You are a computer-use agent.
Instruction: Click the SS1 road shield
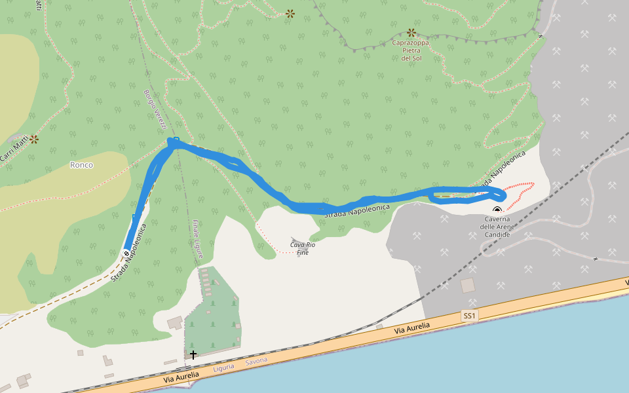pyautogui.click(x=469, y=316)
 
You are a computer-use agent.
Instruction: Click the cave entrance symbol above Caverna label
pyautogui.click(x=497, y=210)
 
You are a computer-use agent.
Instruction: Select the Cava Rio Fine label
pyautogui.click(x=303, y=248)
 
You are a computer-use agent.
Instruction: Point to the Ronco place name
pyautogui.click(x=81, y=165)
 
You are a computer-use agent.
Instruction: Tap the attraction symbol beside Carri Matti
pyautogui.click(x=34, y=139)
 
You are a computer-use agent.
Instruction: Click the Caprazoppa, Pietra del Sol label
pyautogui.click(x=411, y=50)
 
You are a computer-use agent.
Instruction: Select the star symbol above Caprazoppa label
pyautogui.click(x=411, y=32)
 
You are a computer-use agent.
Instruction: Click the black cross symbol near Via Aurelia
pyautogui.click(x=193, y=354)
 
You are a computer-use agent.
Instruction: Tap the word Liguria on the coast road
pyautogui.click(x=223, y=368)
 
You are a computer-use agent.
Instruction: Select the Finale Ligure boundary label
pyautogui.click(x=198, y=238)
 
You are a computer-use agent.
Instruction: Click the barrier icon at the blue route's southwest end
pyautogui.click(x=126, y=253)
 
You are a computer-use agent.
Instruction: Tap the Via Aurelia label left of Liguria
pyautogui.click(x=181, y=375)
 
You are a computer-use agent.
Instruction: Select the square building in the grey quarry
pyautogui.click(x=468, y=286)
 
